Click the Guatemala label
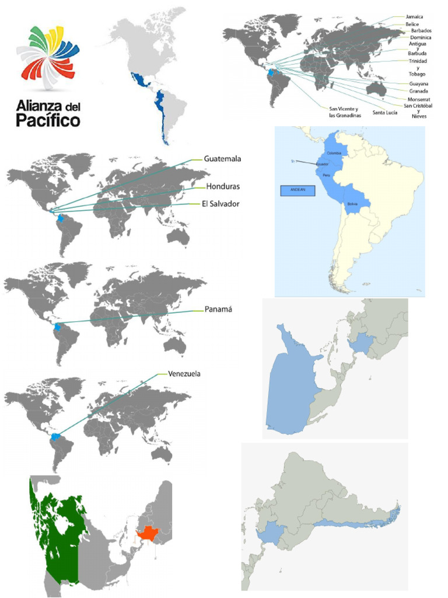[222, 158]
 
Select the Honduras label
[223, 186]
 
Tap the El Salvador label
[220, 204]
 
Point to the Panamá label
[218, 310]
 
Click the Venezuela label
[184, 374]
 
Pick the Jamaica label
[415, 17]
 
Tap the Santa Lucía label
[385, 112]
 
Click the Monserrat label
[419, 99]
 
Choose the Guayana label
[419, 84]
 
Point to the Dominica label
[421, 37]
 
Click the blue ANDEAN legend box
[297, 190]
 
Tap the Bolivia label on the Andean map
[352, 204]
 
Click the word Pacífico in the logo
[48, 121]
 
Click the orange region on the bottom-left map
[148, 533]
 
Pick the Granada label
[419, 91]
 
